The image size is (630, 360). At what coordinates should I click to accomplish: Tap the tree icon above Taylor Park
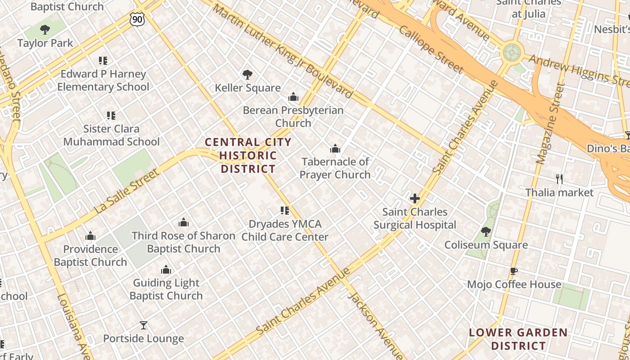pyautogui.click(x=45, y=30)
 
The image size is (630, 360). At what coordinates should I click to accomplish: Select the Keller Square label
pyautogui.click(x=247, y=88)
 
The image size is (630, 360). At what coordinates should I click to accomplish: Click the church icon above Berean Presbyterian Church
pyautogui.click(x=293, y=97)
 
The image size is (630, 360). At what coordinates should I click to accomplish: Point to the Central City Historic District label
pyautogui.click(x=248, y=156)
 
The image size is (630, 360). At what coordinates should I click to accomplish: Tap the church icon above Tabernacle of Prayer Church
pyautogui.click(x=335, y=148)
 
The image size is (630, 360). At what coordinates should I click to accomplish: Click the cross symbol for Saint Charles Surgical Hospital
pyautogui.click(x=415, y=198)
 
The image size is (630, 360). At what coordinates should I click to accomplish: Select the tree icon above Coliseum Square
pyautogui.click(x=486, y=232)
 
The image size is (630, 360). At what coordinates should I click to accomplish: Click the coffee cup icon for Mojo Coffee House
pyautogui.click(x=514, y=271)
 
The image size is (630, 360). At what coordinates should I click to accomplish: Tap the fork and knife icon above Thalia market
pyautogui.click(x=559, y=179)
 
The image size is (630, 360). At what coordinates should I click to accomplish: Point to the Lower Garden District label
pyautogui.click(x=518, y=339)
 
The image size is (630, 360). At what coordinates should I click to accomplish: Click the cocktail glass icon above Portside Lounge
pyautogui.click(x=144, y=325)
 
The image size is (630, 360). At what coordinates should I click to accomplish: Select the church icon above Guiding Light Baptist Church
pyautogui.click(x=166, y=270)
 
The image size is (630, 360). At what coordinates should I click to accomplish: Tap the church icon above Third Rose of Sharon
pyautogui.click(x=183, y=222)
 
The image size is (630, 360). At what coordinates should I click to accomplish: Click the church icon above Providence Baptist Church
pyautogui.click(x=90, y=236)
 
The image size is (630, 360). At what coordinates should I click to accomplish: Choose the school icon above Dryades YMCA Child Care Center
pyautogui.click(x=284, y=211)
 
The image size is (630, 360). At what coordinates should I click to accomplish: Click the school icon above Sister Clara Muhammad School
pyautogui.click(x=111, y=116)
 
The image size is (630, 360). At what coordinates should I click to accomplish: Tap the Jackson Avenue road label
pyautogui.click(x=375, y=325)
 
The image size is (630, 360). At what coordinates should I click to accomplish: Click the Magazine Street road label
pyautogui.click(x=550, y=124)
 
